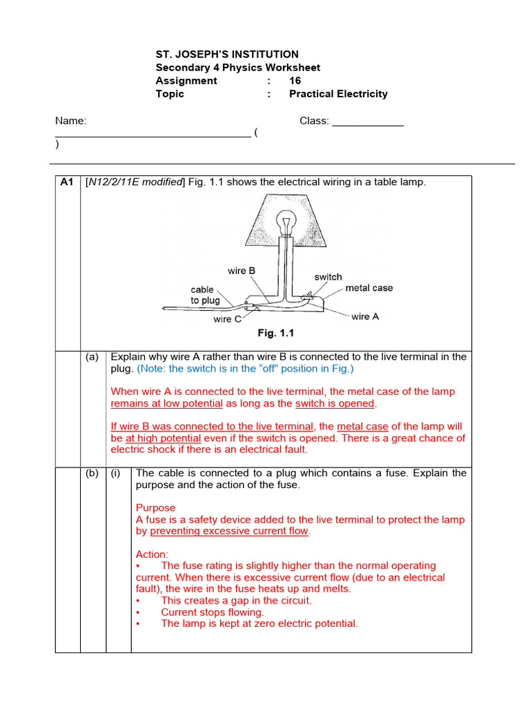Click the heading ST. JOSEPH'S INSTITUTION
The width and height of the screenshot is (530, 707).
[227, 55]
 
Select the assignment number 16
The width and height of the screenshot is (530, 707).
[295, 81]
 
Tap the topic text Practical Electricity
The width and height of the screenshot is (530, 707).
[338, 94]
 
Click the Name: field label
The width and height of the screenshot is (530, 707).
[71, 121]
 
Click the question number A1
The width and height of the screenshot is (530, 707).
[67, 182]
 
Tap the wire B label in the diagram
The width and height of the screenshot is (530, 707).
[242, 271]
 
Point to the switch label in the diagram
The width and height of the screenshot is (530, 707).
[328, 277]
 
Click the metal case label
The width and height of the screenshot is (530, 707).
[369, 288]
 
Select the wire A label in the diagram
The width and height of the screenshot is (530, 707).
[365, 316]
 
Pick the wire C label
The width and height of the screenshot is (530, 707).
[227, 319]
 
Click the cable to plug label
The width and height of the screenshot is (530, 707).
[205, 296]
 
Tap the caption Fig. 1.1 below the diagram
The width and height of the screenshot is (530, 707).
[276, 333]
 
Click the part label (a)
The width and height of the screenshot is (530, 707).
[92, 357]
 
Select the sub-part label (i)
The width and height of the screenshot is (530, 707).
[117, 473]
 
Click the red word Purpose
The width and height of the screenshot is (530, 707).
[155, 508]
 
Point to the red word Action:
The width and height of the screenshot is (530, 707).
[152, 554]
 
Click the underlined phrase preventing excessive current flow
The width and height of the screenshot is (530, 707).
[230, 532]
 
